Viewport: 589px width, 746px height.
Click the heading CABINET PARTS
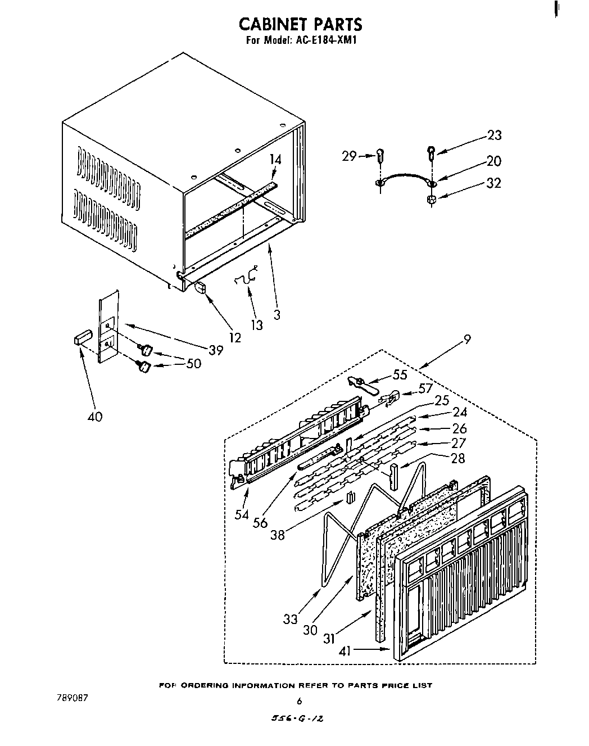point(300,25)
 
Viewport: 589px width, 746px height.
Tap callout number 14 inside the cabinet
point(275,160)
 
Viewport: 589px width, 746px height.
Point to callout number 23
point(494,135)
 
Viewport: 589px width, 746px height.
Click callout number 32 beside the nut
point(494,183)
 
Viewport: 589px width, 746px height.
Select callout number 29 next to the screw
point(349,156)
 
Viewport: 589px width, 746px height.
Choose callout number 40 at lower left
point(95,417)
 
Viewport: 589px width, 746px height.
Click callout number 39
point(215,350)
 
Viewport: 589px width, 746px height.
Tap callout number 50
point(193,363)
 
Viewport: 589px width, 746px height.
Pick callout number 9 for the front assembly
point(467,339)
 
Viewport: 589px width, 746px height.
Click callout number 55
point(400,374)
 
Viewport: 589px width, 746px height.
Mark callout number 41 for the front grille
point(345,652)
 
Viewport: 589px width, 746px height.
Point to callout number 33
point(291,620)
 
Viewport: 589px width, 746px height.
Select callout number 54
point(242,515)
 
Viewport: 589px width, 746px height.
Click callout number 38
point(278,535)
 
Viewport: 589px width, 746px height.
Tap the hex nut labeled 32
point(432,200)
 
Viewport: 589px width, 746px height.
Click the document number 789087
point(72,698)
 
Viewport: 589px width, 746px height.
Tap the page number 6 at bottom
point(300,701)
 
